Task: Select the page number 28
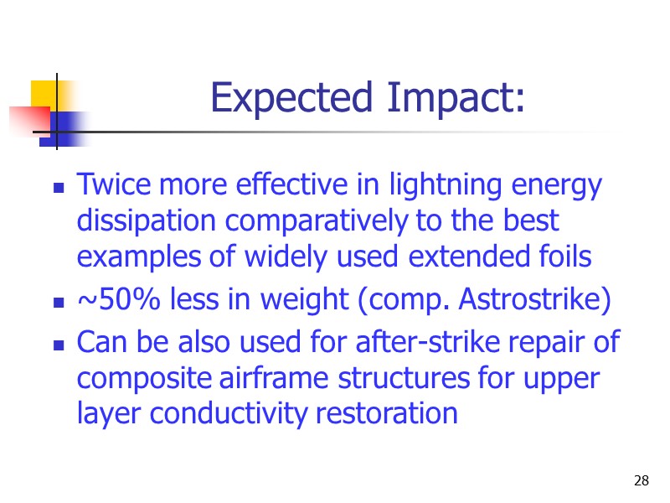pos(642,480)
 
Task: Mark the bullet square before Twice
pos(59,189)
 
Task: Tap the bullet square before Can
pos(59,345)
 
